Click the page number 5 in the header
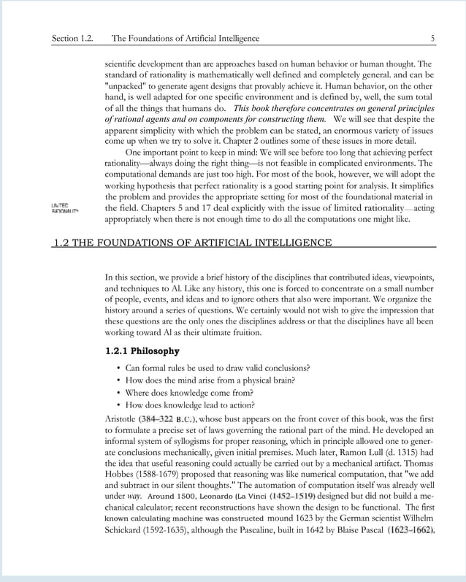tap(432, 38)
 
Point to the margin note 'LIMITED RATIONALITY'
tap(64, 208)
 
